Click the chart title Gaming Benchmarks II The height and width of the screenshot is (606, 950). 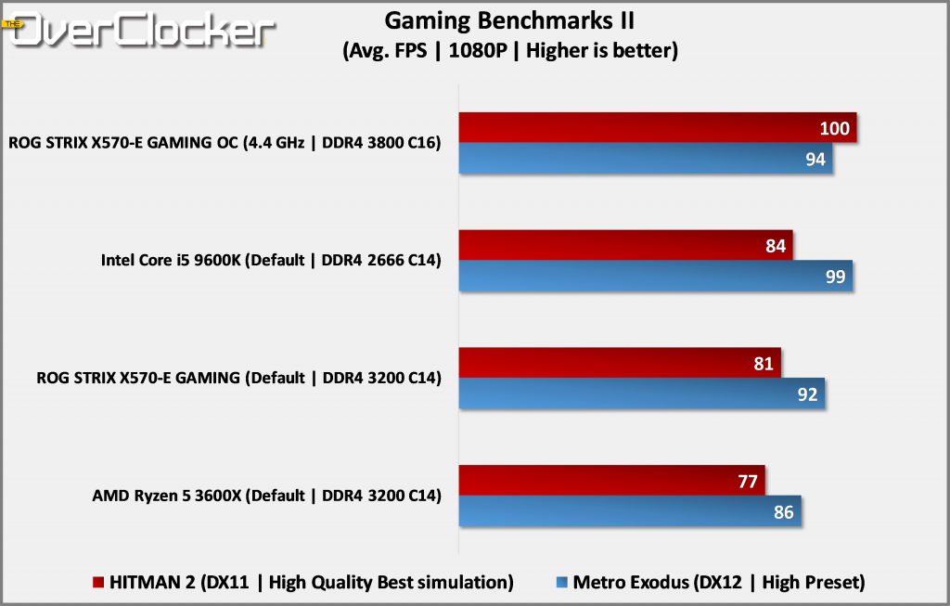coord(508,20)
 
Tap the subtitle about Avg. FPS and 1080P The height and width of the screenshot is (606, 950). coord(508,50)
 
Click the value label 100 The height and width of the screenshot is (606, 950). coord(835,128)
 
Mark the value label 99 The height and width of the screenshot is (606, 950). coord(835,277)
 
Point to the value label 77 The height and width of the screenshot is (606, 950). coord(748,481)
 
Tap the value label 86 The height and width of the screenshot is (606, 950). coord(784,511)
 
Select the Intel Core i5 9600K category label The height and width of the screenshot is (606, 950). coord(270,261)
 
